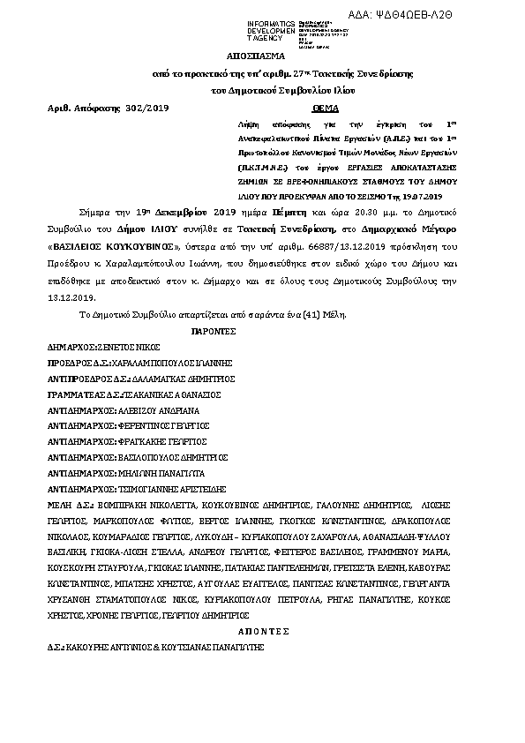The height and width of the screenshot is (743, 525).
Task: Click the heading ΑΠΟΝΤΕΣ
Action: (x=263, y=632)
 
